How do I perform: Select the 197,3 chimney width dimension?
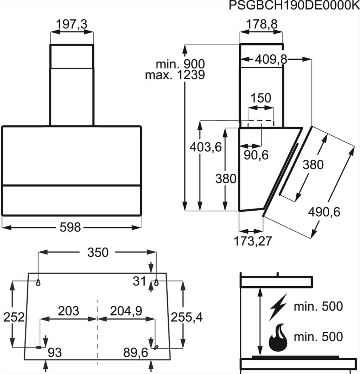tap(72, 24)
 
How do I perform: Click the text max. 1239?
tap(175, 75)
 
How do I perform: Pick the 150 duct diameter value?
tap(261, 98)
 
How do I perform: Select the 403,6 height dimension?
tap(205, 147)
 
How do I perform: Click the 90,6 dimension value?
tap(256, 155)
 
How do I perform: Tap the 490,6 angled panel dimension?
tap(324, 211)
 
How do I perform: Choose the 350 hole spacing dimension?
tap(98, 252)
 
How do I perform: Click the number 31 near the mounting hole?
tap(139, 281)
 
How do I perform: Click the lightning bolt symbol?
tap(278, 306)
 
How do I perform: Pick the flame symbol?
tap(278, 338)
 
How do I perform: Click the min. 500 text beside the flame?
tap(318, 337)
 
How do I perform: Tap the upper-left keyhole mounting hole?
tap(38, 283)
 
